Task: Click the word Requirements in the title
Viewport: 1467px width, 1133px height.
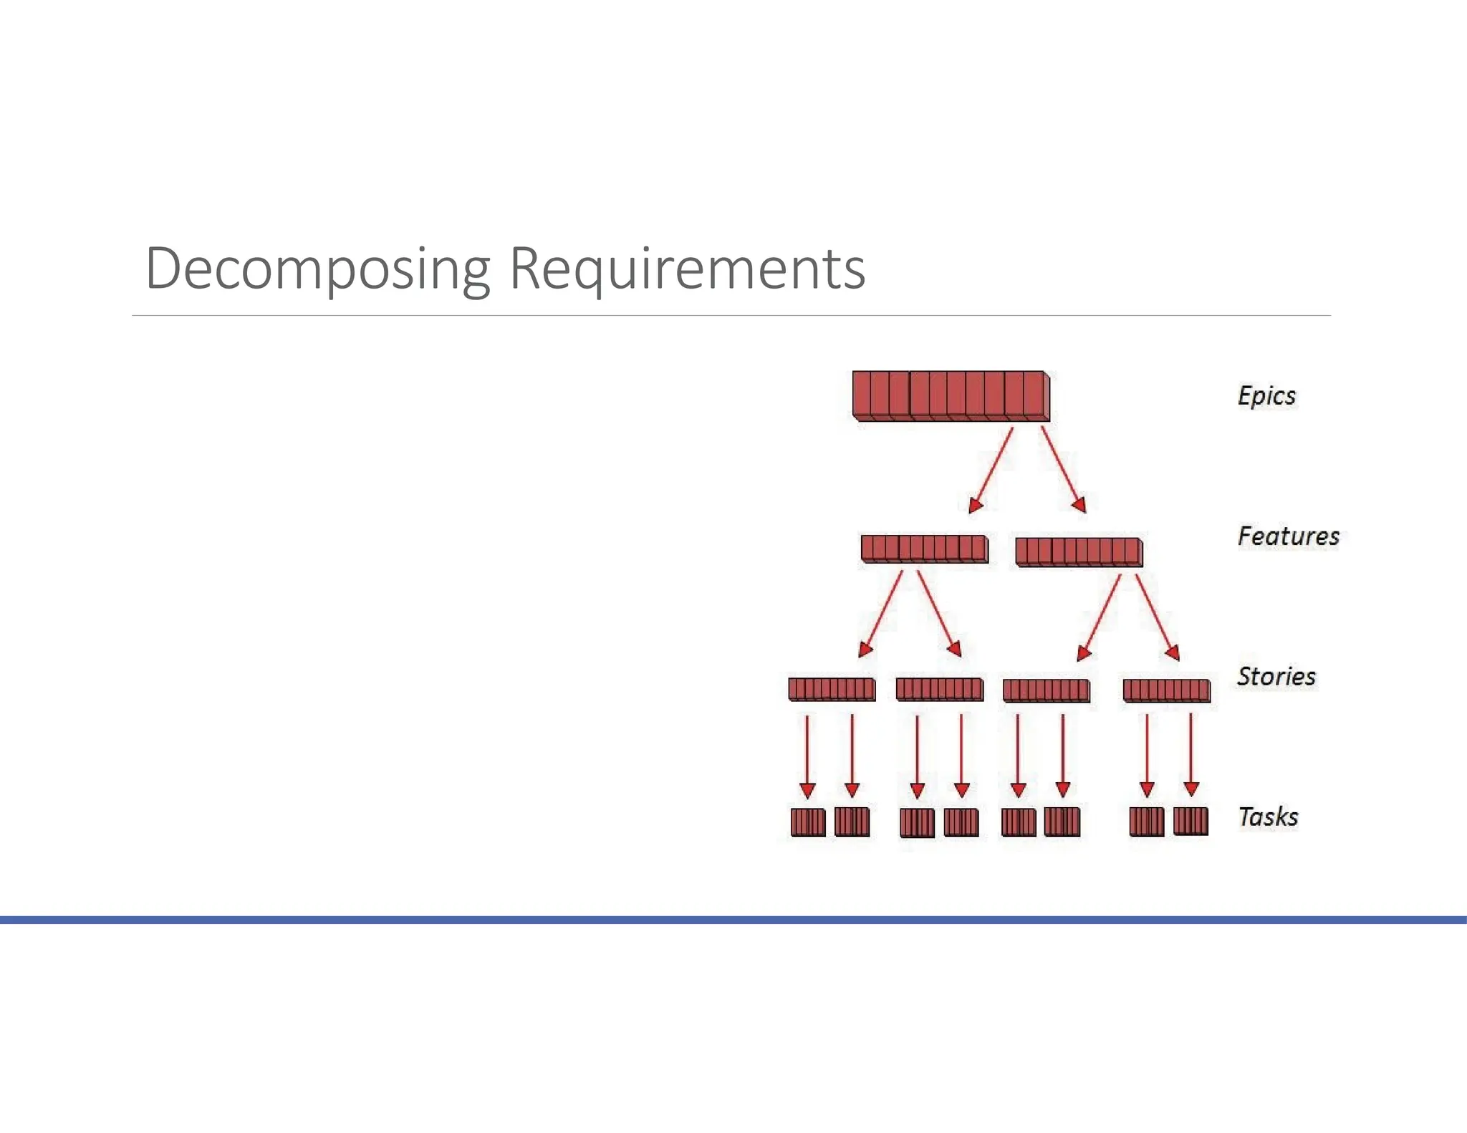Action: click(687, 269)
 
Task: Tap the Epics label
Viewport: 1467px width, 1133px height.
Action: click(1266, 396)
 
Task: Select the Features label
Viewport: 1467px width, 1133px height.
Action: click(1288, 536)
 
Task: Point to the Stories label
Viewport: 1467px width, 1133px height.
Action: click(1276, 677)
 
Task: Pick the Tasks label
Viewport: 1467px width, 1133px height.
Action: click(1268, 817)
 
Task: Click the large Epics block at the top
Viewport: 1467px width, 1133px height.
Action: click(951, 396)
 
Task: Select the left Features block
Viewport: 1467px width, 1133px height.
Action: click(924, 549)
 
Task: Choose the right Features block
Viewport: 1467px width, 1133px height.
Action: click(1079, 552)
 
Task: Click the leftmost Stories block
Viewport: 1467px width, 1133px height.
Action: click(832, 689)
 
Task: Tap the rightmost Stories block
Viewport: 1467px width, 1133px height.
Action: click(1166, 690)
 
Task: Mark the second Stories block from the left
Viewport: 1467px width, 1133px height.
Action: click(939, 689)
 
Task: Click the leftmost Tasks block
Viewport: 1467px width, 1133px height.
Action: click(808, 822)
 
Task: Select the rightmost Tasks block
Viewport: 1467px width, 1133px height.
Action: click(1191, 821)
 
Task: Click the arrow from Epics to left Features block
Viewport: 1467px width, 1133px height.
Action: click(991, 470)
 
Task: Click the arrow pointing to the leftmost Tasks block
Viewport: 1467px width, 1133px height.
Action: click(807, 756)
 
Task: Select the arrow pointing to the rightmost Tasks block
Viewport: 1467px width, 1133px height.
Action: click(1191, 755)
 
